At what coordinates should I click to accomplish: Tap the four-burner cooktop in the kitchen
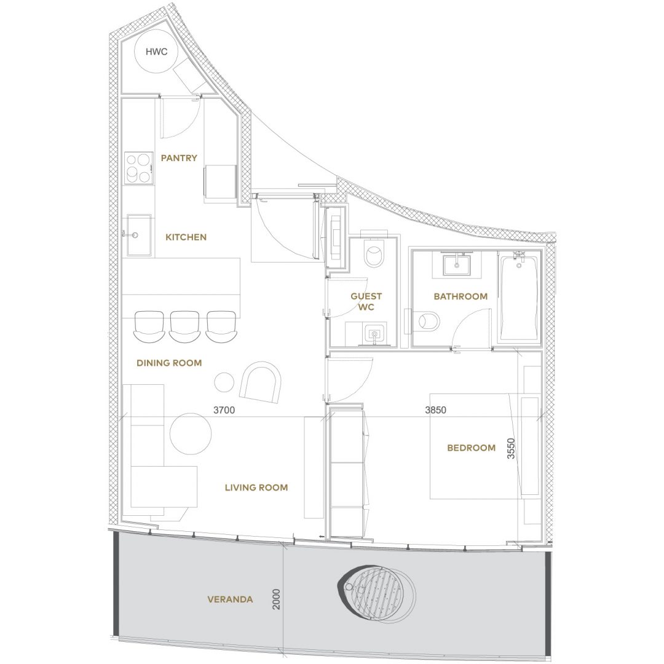click(x=138, y=167)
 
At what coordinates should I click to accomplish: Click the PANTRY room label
click(x=179, y=158)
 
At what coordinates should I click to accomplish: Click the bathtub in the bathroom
click(x=519, y=296)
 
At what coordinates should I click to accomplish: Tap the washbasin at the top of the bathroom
click(x=456, y=264)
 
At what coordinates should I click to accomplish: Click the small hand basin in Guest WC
click(x=375, y=334)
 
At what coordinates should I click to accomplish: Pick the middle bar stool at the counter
click(x=184, y=326)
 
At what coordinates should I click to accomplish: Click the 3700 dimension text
click(x=224, y=410)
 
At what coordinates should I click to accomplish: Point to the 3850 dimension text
click(x=436, y=410)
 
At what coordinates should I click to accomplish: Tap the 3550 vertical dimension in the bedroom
click(x=511, y=448)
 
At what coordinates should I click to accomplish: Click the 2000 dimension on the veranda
click(x=276, y=599)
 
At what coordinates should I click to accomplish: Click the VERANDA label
click(x=231, y=599)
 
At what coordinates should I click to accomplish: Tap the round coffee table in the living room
click(x=191, y=434)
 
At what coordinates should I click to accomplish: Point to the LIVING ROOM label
click(x=256, y=488)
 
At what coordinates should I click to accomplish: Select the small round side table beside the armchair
click(x=224, y=382)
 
